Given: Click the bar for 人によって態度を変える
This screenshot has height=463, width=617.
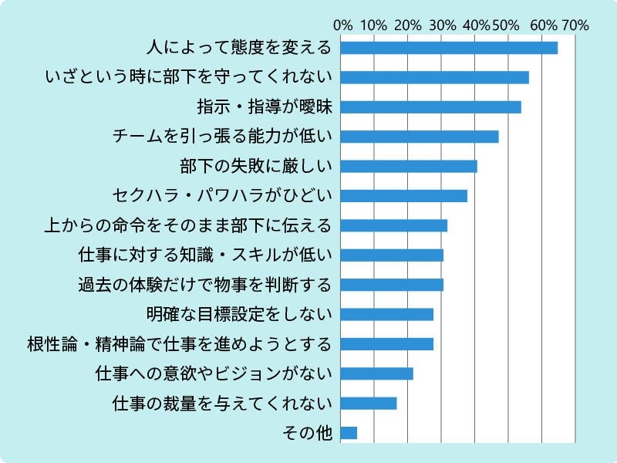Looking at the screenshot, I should pyautogui.click(x=449, y=48).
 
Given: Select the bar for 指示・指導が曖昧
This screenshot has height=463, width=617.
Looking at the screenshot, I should pyautogui.click(x=430, y=107).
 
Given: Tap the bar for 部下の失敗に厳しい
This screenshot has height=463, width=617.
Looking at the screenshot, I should pyautogui.click(x=409, y=167).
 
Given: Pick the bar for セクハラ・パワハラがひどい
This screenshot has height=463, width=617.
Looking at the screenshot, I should pyautogui.click(x=403, y=196).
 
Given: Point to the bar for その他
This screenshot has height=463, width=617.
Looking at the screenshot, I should pyautogui.click(x=349, y=433).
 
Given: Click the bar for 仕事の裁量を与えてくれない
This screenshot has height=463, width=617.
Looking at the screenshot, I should pyautogui.click(x=369, y=404).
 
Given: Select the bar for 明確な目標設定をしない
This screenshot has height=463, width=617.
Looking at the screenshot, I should pyautogui.click(x=386, y=315).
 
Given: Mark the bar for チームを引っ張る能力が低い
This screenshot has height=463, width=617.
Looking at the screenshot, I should pyautogui.click(x=420, y=137).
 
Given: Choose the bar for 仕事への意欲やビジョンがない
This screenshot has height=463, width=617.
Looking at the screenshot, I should pyautogui.click(x=376, y=373).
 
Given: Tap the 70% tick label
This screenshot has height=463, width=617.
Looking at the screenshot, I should pyautogui.click(x=575, y=25).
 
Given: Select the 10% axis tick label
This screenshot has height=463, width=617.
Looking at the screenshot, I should pyautogui.click(x=374, y=25).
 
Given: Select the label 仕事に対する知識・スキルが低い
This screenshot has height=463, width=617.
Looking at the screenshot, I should pyautogui.click(x=204, y=255).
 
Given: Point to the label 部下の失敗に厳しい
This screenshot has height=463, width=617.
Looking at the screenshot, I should pyautogui.click(x=255, y=167).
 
